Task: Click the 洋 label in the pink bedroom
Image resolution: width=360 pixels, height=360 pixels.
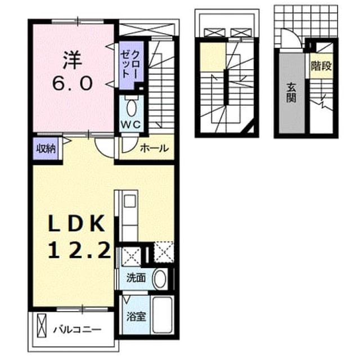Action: (x=73, y=60)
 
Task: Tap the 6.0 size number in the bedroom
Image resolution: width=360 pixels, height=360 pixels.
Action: (x=73, y=83)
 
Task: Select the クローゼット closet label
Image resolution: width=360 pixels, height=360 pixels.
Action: (x=131, y=65)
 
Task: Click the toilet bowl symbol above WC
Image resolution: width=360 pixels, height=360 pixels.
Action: (x=131, y=107)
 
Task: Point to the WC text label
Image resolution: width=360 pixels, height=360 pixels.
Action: (x=131, y=125)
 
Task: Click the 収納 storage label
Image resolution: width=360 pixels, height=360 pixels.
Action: (x=46, y=148)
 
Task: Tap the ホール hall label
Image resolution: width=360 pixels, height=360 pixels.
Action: (x=154, y=148)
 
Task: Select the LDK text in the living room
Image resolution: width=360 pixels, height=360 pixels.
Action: (x=76, y=223)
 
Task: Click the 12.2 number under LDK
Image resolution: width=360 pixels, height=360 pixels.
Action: (x=79, y=250)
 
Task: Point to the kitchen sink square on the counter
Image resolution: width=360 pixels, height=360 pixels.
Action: (x=130, y=201)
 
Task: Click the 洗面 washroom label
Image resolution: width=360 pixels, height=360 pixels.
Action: (x=136, y=278)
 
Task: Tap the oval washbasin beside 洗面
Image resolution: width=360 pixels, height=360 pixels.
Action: (x=159, y=279)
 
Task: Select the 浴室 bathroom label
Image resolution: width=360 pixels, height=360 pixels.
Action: (x=136, y=317)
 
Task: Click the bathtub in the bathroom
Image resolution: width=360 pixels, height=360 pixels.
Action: (x=163, y=315)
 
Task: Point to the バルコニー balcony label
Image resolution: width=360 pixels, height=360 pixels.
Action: (x=77, y=330)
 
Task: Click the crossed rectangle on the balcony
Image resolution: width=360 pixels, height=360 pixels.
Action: (x=42, y=326)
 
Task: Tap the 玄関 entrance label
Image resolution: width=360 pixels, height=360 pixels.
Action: (x=291, y=93)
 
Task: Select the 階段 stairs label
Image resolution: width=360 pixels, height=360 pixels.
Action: (x=321, y=66)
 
